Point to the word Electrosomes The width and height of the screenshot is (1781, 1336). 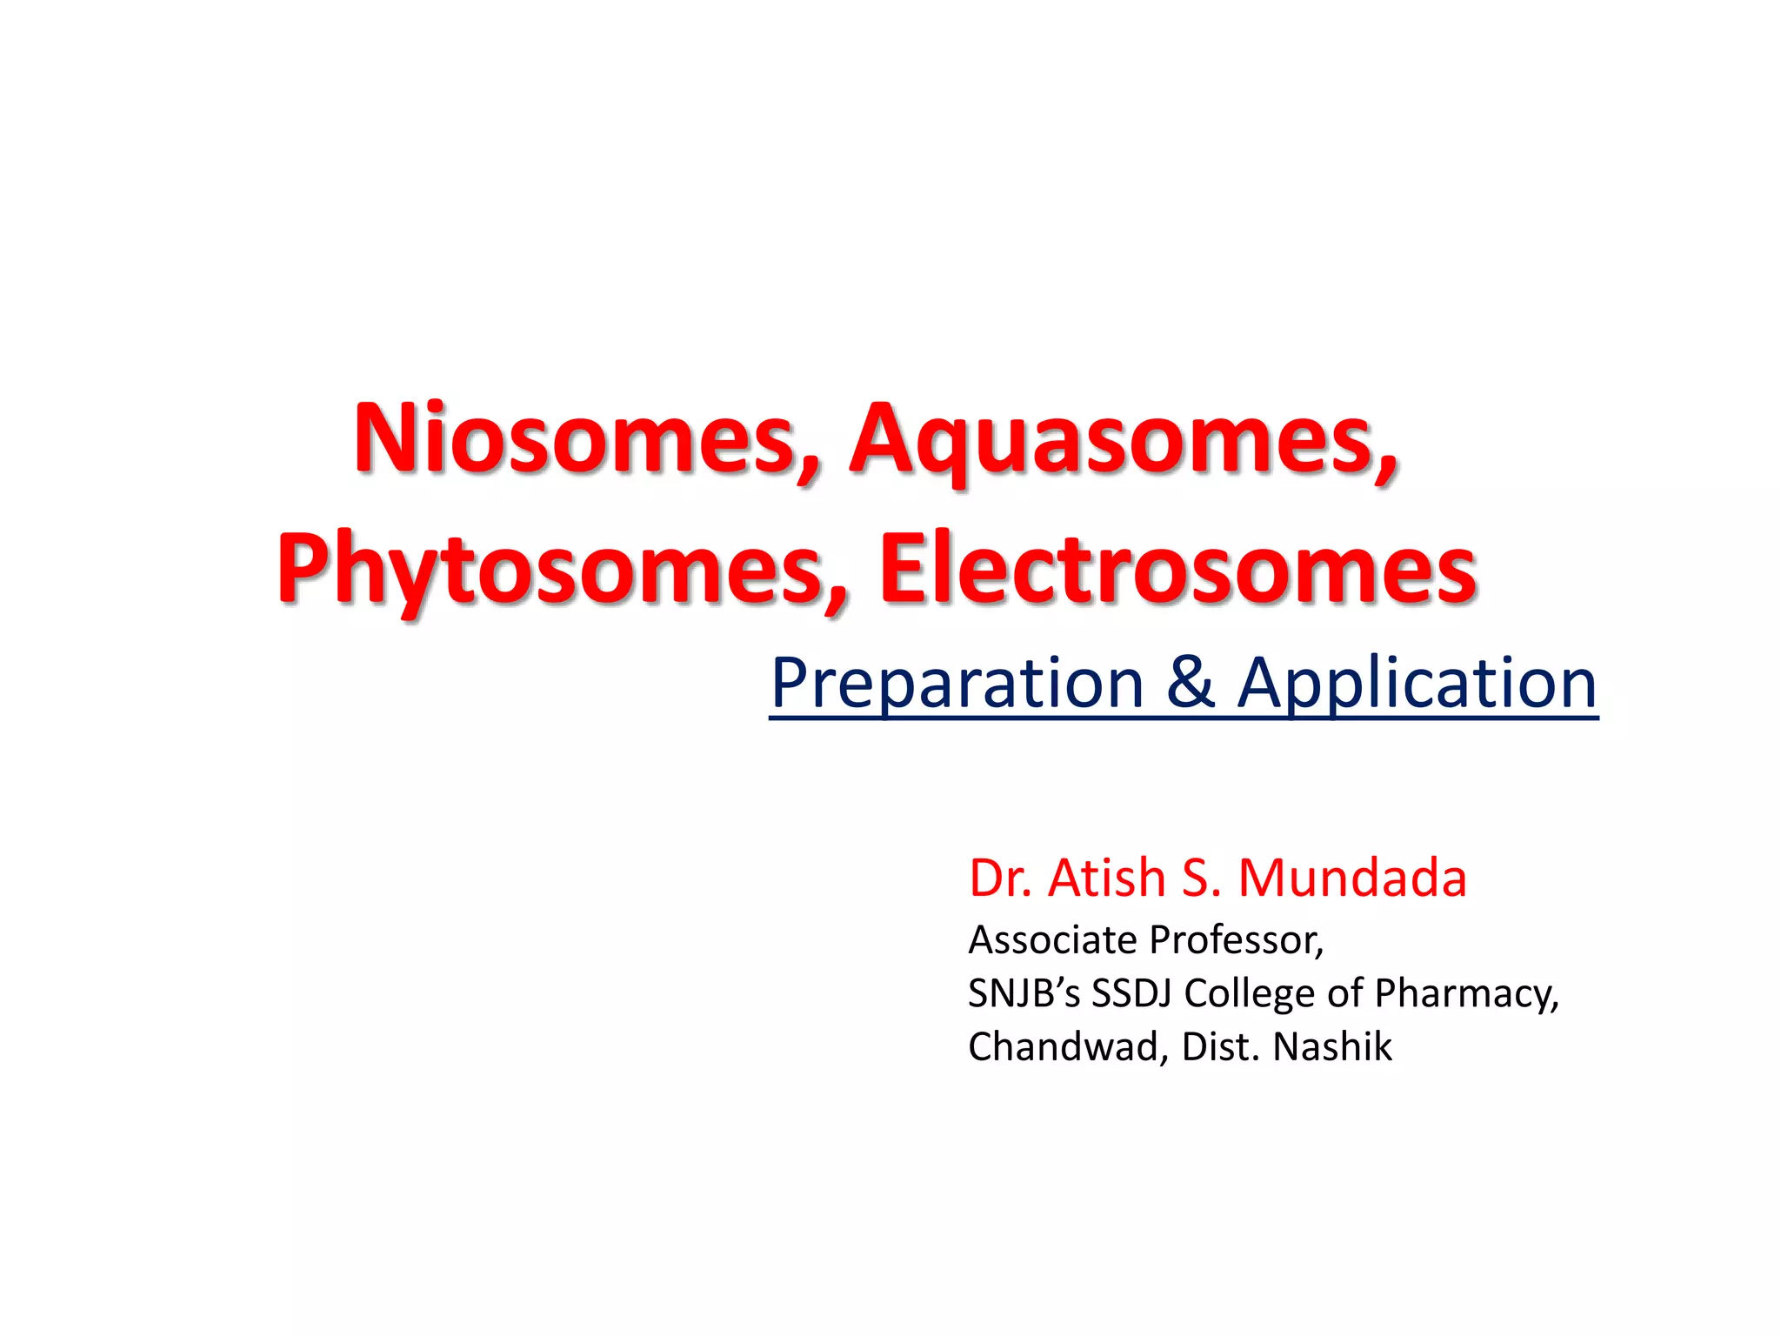tap(1177, 570)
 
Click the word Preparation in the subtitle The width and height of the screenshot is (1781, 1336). tap(957, 684)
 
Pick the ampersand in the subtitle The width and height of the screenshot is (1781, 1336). tap(1190, 684)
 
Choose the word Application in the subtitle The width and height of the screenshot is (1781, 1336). tap(1417, 684)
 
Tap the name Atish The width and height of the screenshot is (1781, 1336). tap(1106, 878)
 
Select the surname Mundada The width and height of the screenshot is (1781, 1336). tap(1352, 878)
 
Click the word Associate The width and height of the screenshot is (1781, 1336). tap(1052, 940)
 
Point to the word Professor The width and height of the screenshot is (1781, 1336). tap(1237, 940)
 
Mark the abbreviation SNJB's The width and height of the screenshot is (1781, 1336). tap(1024, 993)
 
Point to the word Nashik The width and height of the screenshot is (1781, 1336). tap(1332, 1046)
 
